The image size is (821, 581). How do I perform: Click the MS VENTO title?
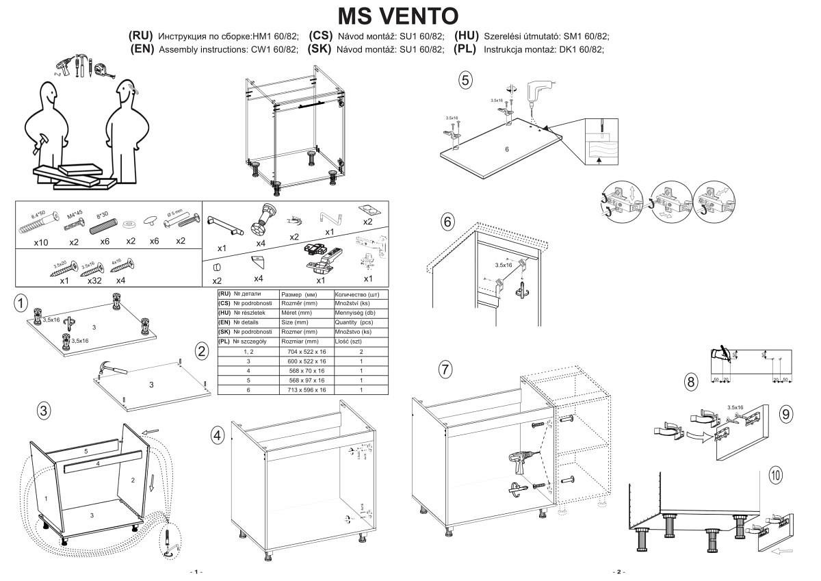(x=398, y=15)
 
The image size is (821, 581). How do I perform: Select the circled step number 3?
(x=43, y=411)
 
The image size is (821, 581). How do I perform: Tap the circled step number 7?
(x=445, y=370)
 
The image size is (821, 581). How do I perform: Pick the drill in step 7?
(x=519, y=466)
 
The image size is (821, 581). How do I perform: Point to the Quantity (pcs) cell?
(x=354, y=322)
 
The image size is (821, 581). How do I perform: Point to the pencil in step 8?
(x=718, y=354)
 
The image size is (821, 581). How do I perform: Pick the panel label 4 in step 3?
(x=99, y=464)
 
